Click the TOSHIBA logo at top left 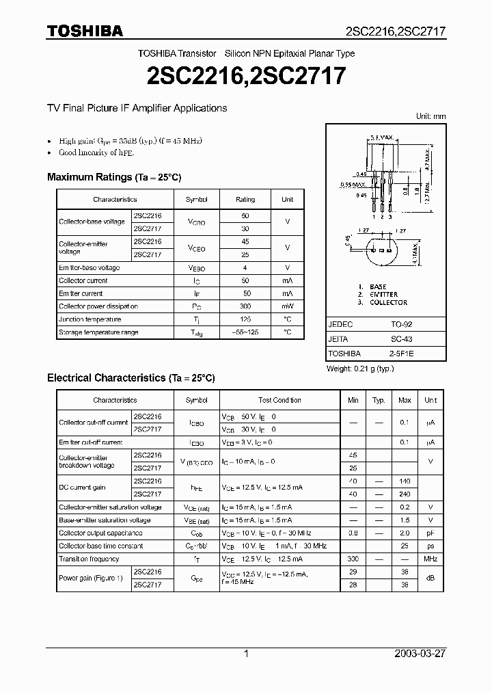pyautogui.click(x=85, y=31)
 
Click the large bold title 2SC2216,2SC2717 pyautogui.click(x=246, y=75)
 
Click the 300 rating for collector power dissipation pyautogui.click(x=245, y=306)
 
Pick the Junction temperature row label pyautogui.click(x=90, y=319)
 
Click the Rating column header pyautogui.click(x=245, y=200)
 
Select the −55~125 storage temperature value pyautogui.click(x=245, y=332)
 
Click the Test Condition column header pyautogui.click(x=279, y=400)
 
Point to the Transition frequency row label pyautogui.click(x=89, y=559)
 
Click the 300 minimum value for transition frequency pyautogui.click(x=353, y=559)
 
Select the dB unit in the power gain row pyautogui.click(x=430, y=578)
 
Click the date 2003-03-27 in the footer pyautogui.click(x=420, y=654)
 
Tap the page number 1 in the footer pyautogui.click(x=246, y=654)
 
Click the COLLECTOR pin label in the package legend pyautogui.click(x=388, y=302)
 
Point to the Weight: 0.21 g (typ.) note pyautogui.click(x=360, y=369)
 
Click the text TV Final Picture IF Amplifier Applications pyautogui.click(x=137, y=108)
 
